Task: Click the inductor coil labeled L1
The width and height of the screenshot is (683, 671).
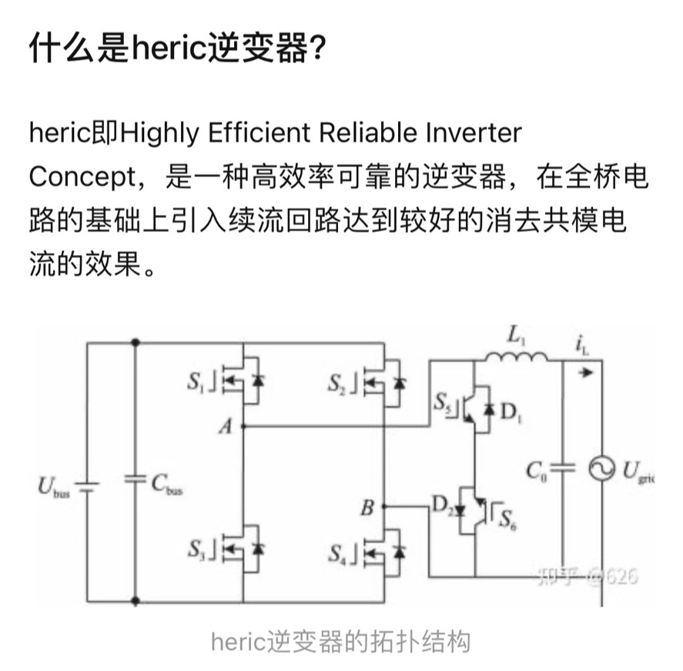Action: click(x=515, y=357)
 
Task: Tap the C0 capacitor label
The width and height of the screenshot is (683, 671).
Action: click(x=537, y=469)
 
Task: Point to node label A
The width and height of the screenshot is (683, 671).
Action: click(x=225, y=428)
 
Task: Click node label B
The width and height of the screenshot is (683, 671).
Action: click(x=368, y=508)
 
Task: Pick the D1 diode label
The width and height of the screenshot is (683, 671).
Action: click(x=510, y=412)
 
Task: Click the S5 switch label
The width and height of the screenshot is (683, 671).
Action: click(x=442, y=401)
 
